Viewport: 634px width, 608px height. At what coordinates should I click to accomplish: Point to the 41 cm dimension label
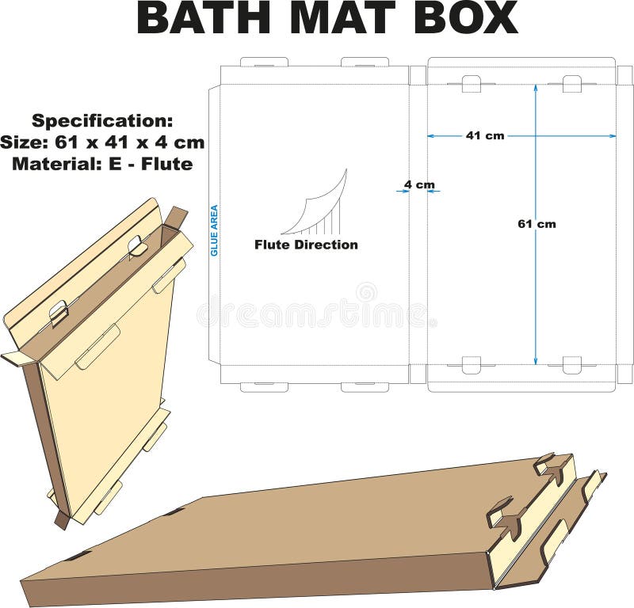(484, 135)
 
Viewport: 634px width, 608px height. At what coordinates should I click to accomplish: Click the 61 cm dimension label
(537, 224)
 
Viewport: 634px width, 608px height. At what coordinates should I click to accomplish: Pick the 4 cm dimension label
(419, 184)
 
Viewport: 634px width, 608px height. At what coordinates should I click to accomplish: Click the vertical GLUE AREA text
(214, 230)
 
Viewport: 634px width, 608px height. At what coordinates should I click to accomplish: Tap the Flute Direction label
(306, 245)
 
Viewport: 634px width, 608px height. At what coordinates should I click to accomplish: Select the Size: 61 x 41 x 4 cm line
(102, 142)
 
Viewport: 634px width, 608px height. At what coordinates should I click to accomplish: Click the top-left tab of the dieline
(264, 61)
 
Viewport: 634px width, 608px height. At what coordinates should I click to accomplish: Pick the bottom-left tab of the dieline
(264, 387)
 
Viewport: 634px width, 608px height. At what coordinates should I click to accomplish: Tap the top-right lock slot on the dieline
(572, 83)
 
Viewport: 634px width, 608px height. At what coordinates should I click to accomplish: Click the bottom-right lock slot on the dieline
(572, 365)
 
